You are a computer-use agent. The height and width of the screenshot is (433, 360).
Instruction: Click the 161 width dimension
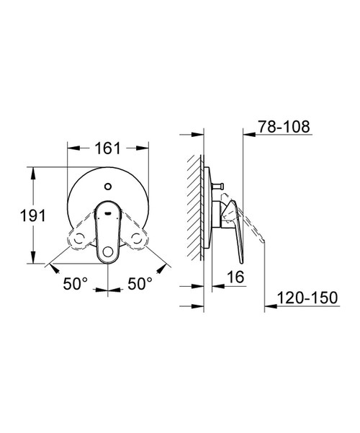[x=108, y=148]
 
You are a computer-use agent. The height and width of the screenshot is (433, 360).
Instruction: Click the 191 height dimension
[x=32, y=215]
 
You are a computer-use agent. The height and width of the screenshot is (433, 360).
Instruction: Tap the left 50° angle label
[x=75, y=283]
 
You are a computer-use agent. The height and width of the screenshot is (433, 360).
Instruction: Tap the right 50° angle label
[x=140, y=283]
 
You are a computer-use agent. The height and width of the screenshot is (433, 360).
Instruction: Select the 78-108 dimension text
[x=284, y=127]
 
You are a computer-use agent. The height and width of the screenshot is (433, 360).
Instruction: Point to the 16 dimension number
[x=235, y=277]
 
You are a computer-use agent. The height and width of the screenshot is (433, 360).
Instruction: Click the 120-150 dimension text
[x=307, y=298]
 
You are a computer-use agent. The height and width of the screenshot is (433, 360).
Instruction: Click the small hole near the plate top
[x=108, y=187]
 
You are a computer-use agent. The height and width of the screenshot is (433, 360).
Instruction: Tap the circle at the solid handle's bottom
[x=108, y=252]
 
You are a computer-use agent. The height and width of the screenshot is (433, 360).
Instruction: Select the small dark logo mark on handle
[x=108, y=213]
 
